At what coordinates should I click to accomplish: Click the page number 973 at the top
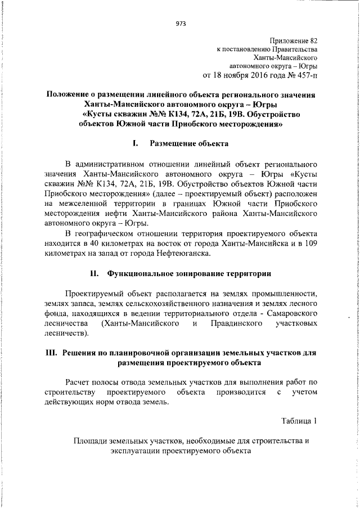181,23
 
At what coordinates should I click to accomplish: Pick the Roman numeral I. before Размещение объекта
135,143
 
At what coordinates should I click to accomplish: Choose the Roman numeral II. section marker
94,274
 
